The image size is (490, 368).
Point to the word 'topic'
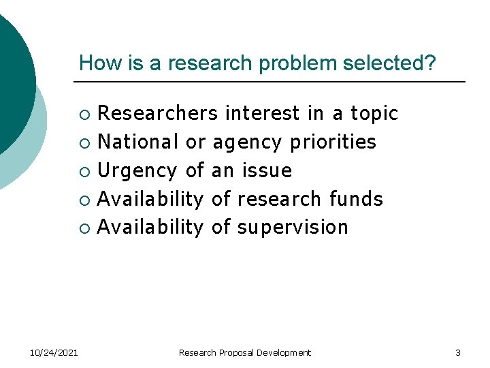(374, 113)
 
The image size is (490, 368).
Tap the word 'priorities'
(333, 142)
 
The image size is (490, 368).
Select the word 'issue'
(267, 170)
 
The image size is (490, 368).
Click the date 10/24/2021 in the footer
(54, 352)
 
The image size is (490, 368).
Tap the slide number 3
(458, 352)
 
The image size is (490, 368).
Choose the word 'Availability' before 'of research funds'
(150, 199)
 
